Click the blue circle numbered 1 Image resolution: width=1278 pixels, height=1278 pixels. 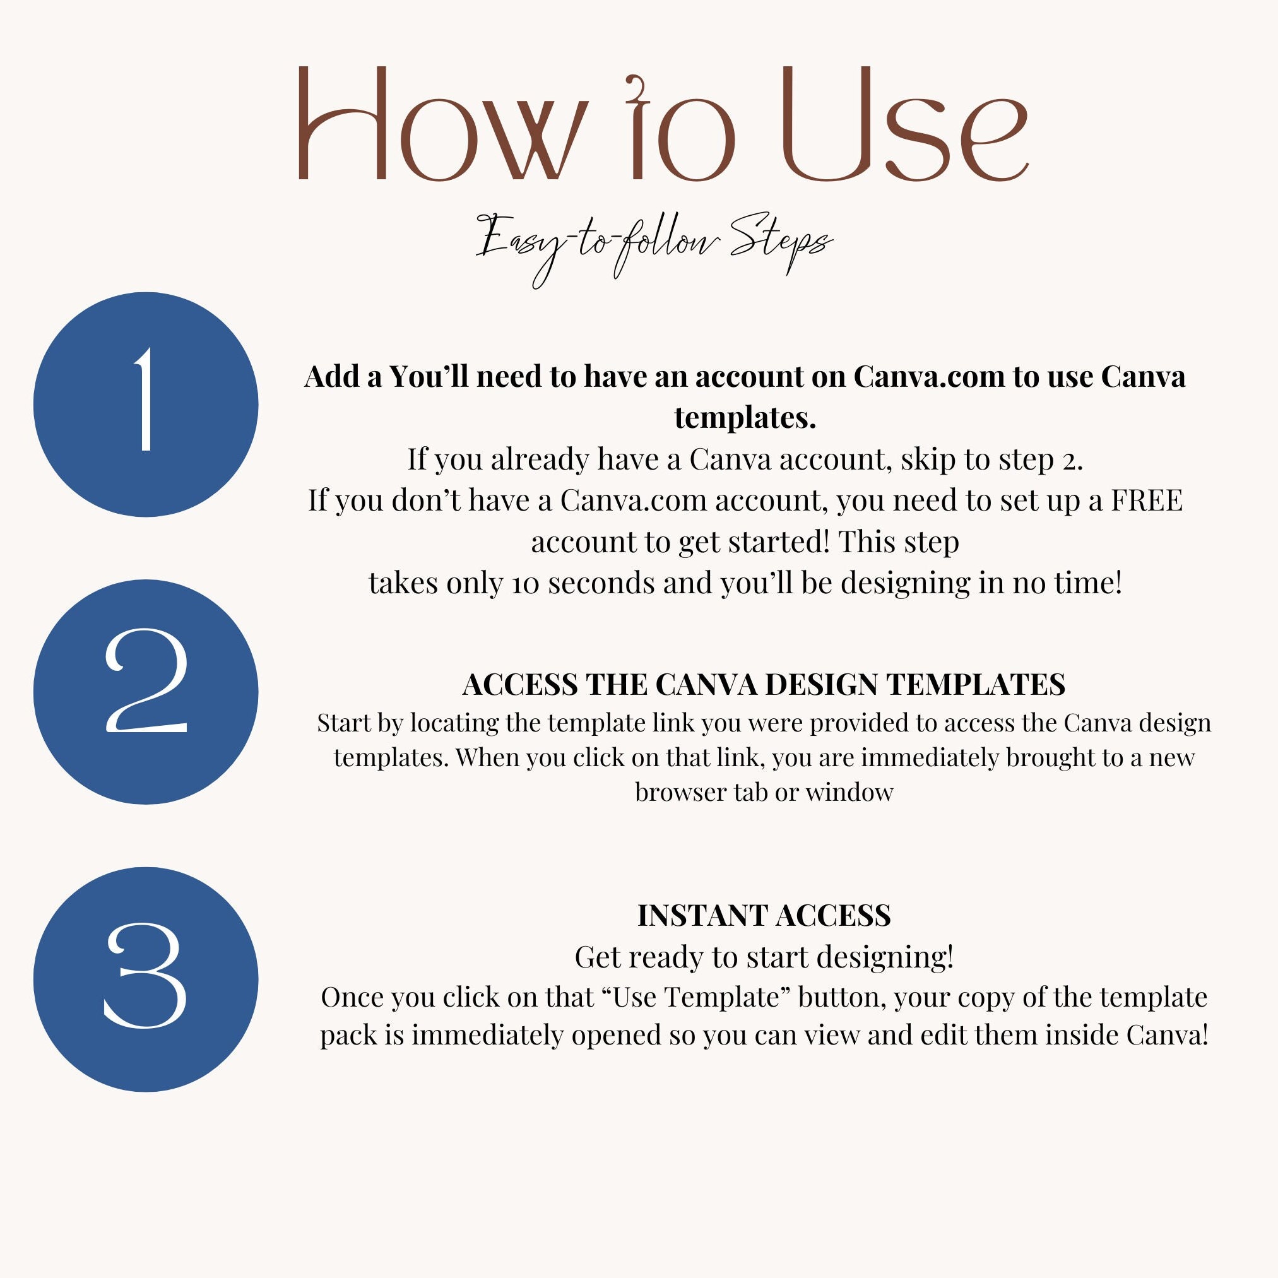coord(146,405)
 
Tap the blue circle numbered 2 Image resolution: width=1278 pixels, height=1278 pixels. coord(146,692)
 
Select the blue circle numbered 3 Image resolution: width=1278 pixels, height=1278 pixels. coord(146,979)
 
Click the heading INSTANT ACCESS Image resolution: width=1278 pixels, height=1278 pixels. coord(764,916)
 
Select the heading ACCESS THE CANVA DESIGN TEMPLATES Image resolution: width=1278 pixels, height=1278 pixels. coord(764,685)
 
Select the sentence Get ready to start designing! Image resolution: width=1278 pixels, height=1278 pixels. coord(764,957)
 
